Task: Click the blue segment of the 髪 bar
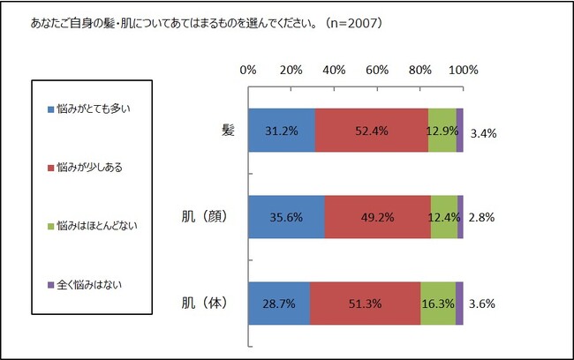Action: pos(281,131)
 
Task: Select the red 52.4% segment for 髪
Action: pos(372,131)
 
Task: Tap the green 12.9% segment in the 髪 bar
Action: pos(442,131)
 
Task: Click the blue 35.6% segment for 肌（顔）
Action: pos(286,217)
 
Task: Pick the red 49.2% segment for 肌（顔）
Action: pos(378,217)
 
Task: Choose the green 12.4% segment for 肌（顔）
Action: pos(444,217)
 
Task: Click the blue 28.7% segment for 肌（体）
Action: pos(279,304)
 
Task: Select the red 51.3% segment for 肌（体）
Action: pos(366,304)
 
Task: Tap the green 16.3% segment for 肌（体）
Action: pos(438,304)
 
